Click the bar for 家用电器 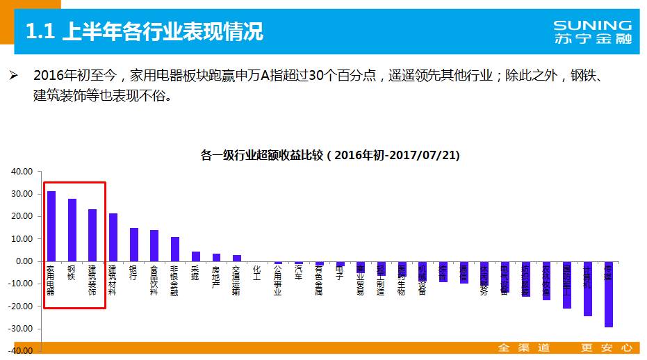[x=51, y=226]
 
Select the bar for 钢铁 [x=72, y=230]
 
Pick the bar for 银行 [x=133, y=245]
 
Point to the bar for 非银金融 [x=175, y=249]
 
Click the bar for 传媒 [x=608, y=294]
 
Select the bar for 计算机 [x=588, y=288]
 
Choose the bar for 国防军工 [x=567, y=285]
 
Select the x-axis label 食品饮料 [x=154, y=280]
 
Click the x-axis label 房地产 [x=216, y=277]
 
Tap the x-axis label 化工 [x=257, y=272]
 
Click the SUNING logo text [x=593, y=26]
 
